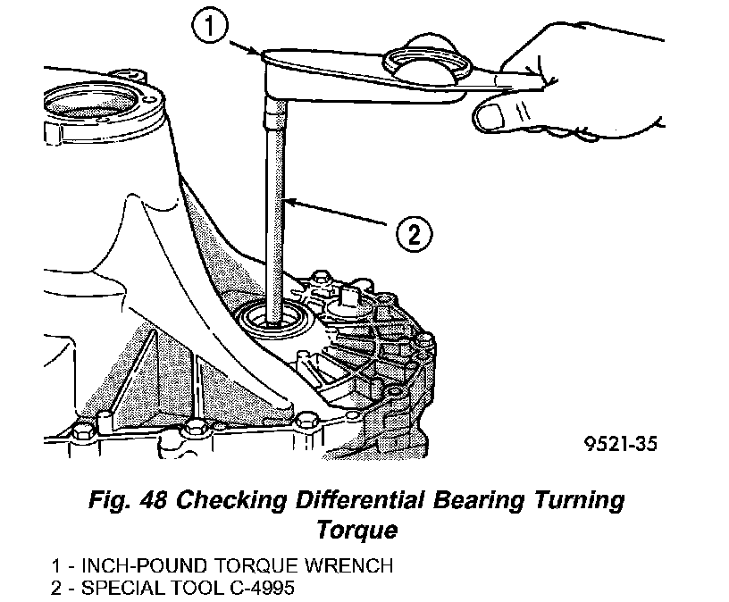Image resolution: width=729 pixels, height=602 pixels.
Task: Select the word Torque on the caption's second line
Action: coord(356,530)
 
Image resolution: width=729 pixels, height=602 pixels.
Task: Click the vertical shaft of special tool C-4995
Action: coord(274,214)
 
